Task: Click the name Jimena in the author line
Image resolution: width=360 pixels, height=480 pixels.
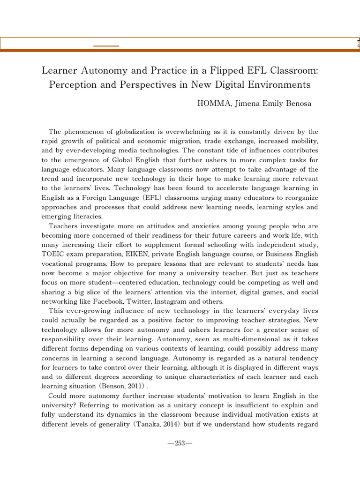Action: tap(250, 104)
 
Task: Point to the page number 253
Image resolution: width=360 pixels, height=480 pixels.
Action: tap(180, 443)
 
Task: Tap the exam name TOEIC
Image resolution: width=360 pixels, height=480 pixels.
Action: tap(52, 254)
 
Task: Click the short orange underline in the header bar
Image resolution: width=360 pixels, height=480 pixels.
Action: tap(106, 45)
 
